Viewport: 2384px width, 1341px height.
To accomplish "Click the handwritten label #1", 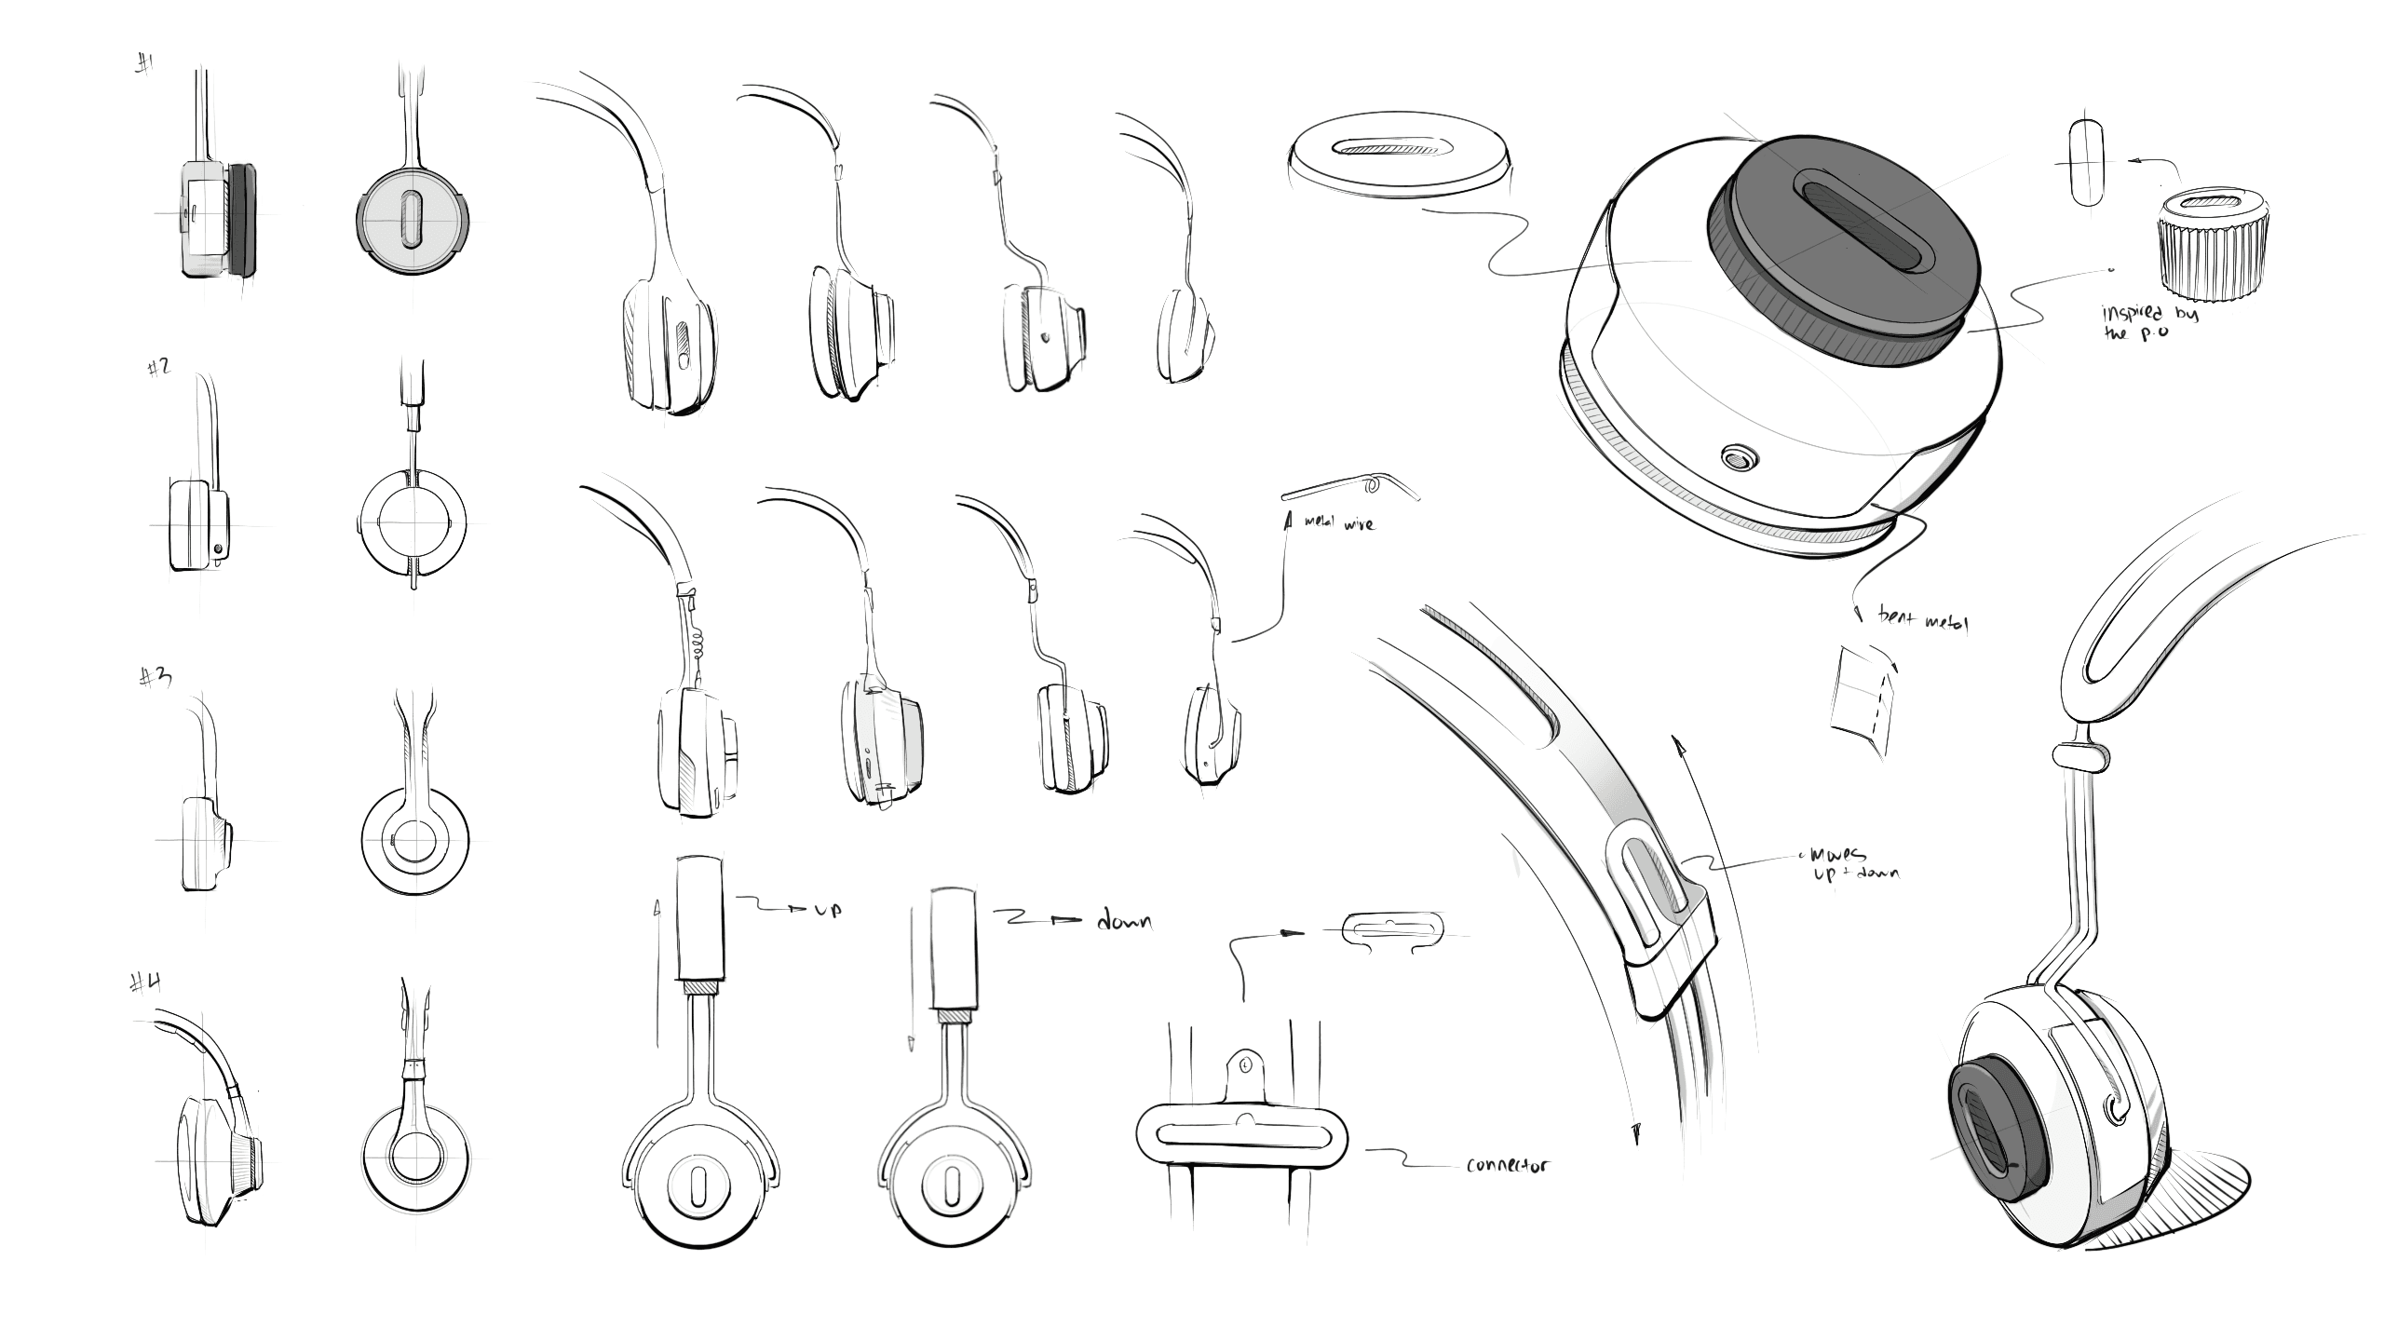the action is point(145,66).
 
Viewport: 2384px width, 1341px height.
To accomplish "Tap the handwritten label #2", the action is point(158,367).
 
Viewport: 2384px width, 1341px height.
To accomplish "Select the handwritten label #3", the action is point(156,677).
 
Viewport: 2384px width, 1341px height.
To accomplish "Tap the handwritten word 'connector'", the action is point(1508,1165).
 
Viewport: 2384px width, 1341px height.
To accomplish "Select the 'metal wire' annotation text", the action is point(1339,525).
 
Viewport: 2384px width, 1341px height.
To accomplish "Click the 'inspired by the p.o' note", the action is point(2147,321).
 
